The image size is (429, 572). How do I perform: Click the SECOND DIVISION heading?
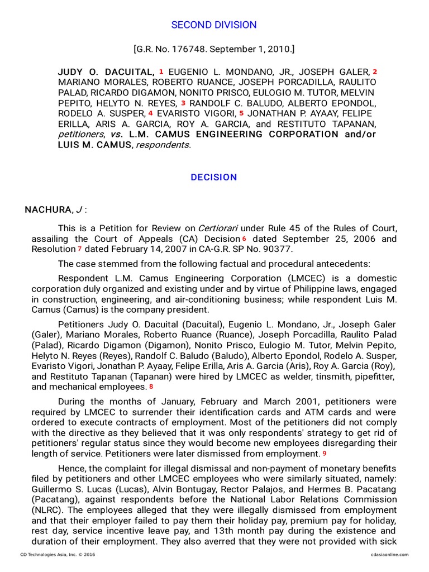pyautogui.click(x=214, y=25)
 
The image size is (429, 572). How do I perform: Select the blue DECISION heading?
pyautogui.click(x=214, y=177)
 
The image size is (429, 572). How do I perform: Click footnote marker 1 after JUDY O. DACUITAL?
pyautogui.click(x=161, y=71)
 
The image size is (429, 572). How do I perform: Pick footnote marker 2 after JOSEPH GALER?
pyautogui.click(x=375, y=71)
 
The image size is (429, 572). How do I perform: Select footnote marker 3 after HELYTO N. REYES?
pyautogui.click(x=183, y=103)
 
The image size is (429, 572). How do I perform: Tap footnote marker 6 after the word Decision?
pyautogui.click(x=244, y=239)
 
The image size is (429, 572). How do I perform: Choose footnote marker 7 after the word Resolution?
pyautogui.click(x=80, y=249)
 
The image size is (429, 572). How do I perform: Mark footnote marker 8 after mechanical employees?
pyautogui.click(x=151, y=387)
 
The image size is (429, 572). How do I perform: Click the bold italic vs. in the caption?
pyautogui.click(x=116, y=135)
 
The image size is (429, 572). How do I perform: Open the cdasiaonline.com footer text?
pyautogui.click(x=389, y=554)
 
